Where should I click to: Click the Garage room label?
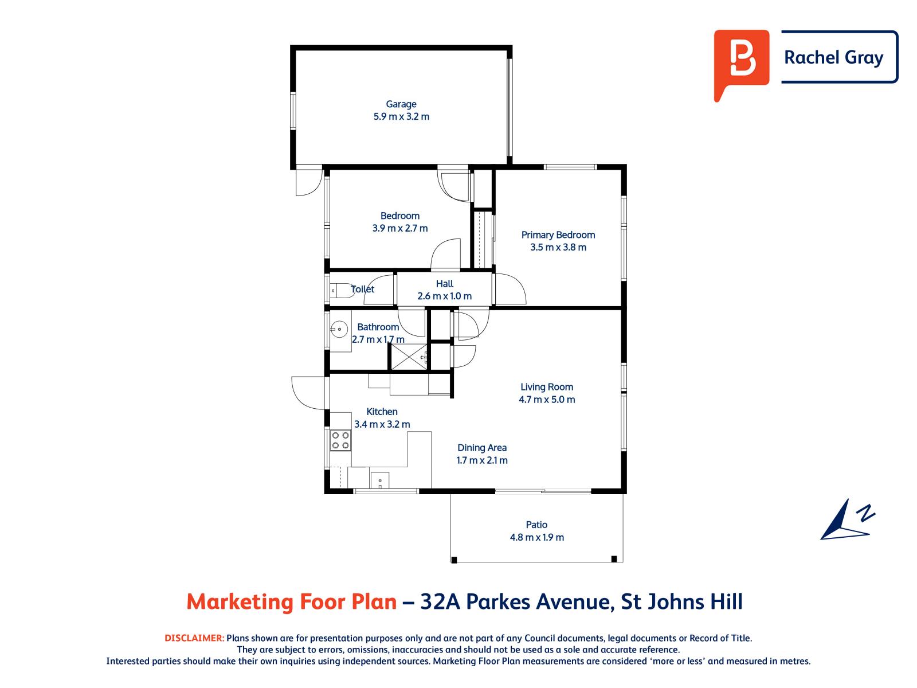click(401, 104)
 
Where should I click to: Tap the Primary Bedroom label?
click(558, 235)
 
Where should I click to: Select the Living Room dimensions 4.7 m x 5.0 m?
click(547, 400)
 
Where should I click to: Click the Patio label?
click(536, 525)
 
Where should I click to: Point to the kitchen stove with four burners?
click(340, 440)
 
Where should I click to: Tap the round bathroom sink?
click(339, 329)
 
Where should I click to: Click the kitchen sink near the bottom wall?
click(380, 480)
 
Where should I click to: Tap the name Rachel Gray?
click(833, 57)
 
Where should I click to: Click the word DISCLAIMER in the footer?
click(194, 638)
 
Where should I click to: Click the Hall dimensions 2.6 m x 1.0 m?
click(444, 296)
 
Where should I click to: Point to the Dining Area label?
click(481, 448)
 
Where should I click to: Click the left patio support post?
click(454, 559)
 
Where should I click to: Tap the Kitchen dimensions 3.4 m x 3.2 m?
click(382, 425)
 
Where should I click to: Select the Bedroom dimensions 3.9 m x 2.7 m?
click(399, 228)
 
